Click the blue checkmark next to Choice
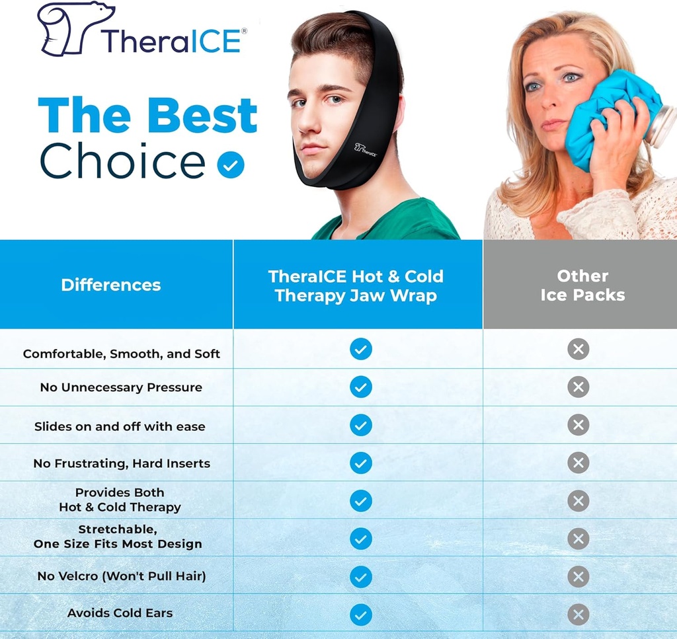pyautogui.click(x=230, y=165)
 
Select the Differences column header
pyautogui.click(x=111, y=285)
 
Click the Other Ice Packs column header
pyautogui.click(x=582, y=285)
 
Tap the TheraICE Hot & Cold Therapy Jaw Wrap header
pyautogui.click(x=356, y=285)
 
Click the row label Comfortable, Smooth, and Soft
pyautogui.click(x=122, y=354)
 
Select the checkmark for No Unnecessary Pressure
pyautogui.click(x=361, y=387)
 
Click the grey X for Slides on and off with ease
pyautogui.click(x=578, y=425)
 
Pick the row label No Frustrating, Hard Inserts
pyautogui.click(x=122, y=463)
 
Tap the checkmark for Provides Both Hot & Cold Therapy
pyautogui.click(x=361, y=500)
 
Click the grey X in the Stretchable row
pyautogui.click(x=578, y=539)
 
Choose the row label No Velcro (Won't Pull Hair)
pyautogui.click(x=122, y=576)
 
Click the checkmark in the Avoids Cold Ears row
pyautogui.click(x=361, y=615)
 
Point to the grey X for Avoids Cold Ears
pyautogui.click(x=578, y=615)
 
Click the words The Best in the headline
pyautogui.click(x=147, y=116)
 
